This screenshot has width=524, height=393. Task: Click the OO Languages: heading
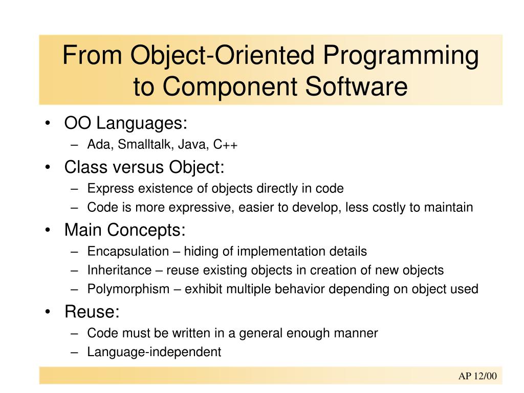(126, 123)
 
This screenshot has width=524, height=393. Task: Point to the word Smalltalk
(146, 145)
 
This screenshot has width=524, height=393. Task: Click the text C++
(226, 145)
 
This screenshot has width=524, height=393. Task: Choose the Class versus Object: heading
(144, 167)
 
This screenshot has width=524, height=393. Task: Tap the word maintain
(448, 207)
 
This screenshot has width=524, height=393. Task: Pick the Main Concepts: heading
(125, 230)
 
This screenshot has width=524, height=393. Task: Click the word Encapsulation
(128, 251)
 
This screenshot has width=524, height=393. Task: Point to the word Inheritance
(120, 270)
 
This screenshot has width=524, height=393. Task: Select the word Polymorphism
(128, 289)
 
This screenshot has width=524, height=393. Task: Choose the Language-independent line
(154, 352)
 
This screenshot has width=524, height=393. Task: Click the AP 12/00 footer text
(477, 377)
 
